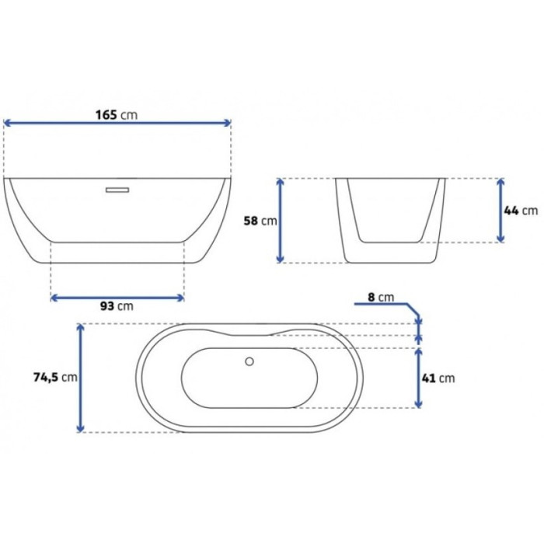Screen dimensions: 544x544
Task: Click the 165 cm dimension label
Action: pyautogui.click(x=117, y=115)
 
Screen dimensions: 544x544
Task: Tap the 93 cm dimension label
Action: pyautogui.click(x=117, y=306)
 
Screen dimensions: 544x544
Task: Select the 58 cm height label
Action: pyautogui.click(x=260, y=221)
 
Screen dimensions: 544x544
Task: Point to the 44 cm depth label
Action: pyautogui.click(x=521, y=211)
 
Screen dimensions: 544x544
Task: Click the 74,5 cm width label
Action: pyautogui.click(x=55, y=377)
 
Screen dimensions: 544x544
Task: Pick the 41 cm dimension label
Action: pyautogui.click(x=438, y=378)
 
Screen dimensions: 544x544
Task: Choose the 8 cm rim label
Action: pyautogui.click(x=381, y=298)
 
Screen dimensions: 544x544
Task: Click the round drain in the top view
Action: pyautogui.click(x=249, y=361)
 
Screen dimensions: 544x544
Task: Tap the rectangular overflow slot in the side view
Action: pyautogui.click(x=117, y=190)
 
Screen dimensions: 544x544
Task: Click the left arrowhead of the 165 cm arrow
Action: pyautogui.click(x=6, y=123)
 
